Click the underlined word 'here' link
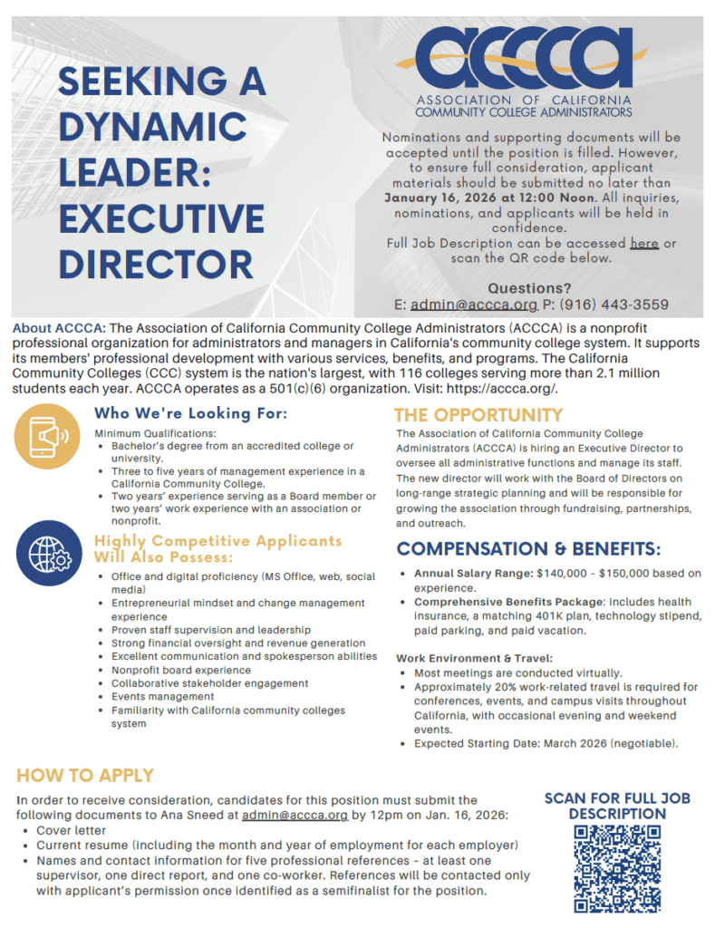coord(644,244)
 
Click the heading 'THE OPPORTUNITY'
coord(478,415)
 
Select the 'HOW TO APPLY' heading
coord(85,776)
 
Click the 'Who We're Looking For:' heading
coord(191,414)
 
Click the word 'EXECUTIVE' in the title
coord(161,219)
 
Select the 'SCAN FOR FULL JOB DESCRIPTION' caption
coord(617,806)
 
